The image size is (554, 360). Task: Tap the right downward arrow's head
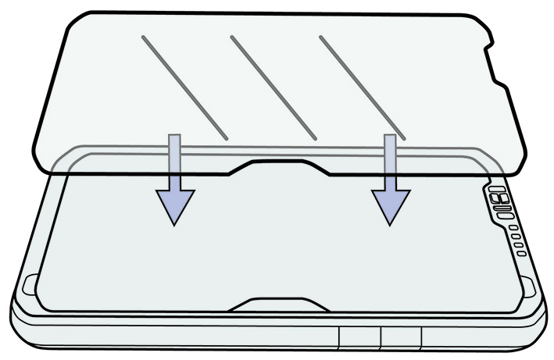click(390, 205)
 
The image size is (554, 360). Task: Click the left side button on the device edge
click(359, 337)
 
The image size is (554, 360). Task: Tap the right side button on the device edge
click(401, 337)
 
